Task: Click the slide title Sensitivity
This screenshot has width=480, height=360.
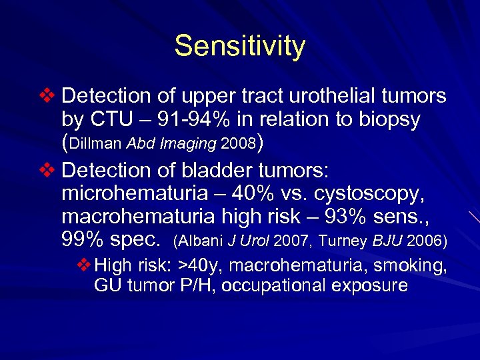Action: [240, 47]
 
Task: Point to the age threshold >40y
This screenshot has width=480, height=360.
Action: [201, 266]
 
